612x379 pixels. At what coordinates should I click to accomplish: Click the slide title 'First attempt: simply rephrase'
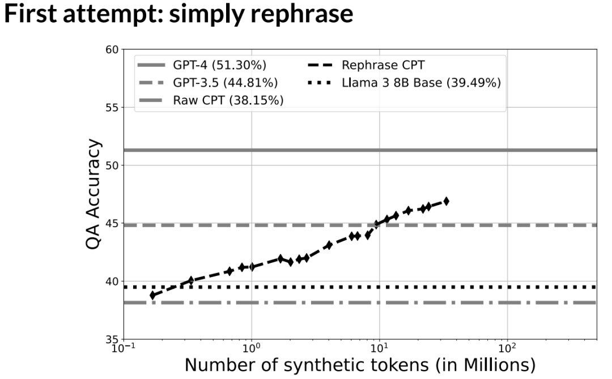tap(178, 16)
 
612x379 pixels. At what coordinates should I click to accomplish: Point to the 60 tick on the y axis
tap(112, 50)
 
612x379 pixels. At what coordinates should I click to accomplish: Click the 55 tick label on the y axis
tap(112, 108)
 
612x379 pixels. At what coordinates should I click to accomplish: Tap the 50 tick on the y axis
tap(112, 165)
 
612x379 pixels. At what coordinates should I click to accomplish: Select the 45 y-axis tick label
tap(112, 224)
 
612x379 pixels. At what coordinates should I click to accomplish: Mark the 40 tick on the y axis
tap(112, 282)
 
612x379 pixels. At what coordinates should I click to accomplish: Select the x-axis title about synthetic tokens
tap(359, 364)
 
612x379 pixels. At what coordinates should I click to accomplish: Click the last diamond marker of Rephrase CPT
tap(446, 201)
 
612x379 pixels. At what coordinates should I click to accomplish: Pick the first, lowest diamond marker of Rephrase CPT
tap(152, 295)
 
